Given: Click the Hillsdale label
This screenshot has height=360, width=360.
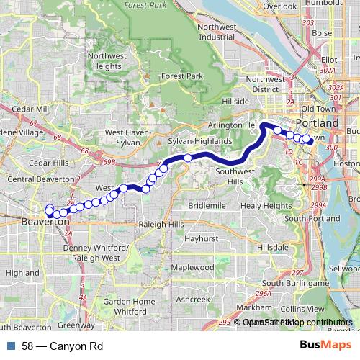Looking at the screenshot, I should (274, 246).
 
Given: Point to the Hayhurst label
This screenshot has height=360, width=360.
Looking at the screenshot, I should (201, 238).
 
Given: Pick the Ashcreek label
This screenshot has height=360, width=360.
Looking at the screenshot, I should (192, 298).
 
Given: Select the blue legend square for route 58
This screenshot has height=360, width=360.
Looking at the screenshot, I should (11, 346).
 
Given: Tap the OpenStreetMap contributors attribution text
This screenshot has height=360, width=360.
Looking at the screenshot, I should (297, 323).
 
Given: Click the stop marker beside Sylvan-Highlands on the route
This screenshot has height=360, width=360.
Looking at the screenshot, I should (188, 158).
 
